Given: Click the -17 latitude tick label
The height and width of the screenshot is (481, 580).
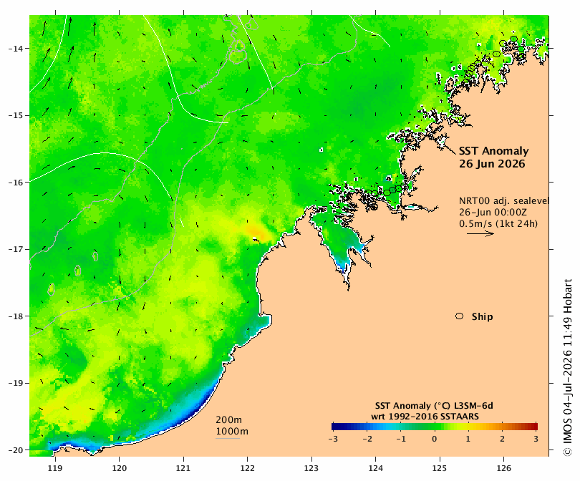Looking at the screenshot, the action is (16, 249).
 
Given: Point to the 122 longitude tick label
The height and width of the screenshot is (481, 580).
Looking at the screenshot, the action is (247, 468).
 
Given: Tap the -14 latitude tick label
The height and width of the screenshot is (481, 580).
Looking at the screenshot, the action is (16, 49).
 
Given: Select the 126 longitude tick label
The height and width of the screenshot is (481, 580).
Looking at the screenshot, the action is (503, 468).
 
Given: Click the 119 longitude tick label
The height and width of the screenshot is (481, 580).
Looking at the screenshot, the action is (55, 468).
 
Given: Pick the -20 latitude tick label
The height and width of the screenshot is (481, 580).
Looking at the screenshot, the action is (16, 450).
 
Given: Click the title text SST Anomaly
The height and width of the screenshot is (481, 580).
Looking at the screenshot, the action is (494, 151).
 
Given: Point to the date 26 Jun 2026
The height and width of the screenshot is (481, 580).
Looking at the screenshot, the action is (492, 164).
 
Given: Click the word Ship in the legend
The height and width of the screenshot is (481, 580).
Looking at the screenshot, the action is (483, 317).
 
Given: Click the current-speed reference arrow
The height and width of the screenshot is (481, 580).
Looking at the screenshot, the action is (480, 233).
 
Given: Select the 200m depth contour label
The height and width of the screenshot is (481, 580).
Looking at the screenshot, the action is (228, 420).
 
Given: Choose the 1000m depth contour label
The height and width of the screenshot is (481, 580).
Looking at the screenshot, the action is (232, 432).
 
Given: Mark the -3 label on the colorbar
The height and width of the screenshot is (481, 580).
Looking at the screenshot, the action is (333, 439).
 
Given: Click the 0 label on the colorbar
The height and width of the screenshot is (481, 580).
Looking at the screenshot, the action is (434, 439).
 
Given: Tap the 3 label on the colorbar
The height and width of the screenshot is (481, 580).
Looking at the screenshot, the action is (536, 439).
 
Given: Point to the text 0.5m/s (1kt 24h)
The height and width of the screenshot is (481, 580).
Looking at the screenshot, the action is (498, 223).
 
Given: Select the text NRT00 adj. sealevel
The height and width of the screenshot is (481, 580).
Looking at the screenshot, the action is (504, 200).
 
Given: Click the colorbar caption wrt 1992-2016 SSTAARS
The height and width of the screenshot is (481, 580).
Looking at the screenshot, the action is (425, 417).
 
